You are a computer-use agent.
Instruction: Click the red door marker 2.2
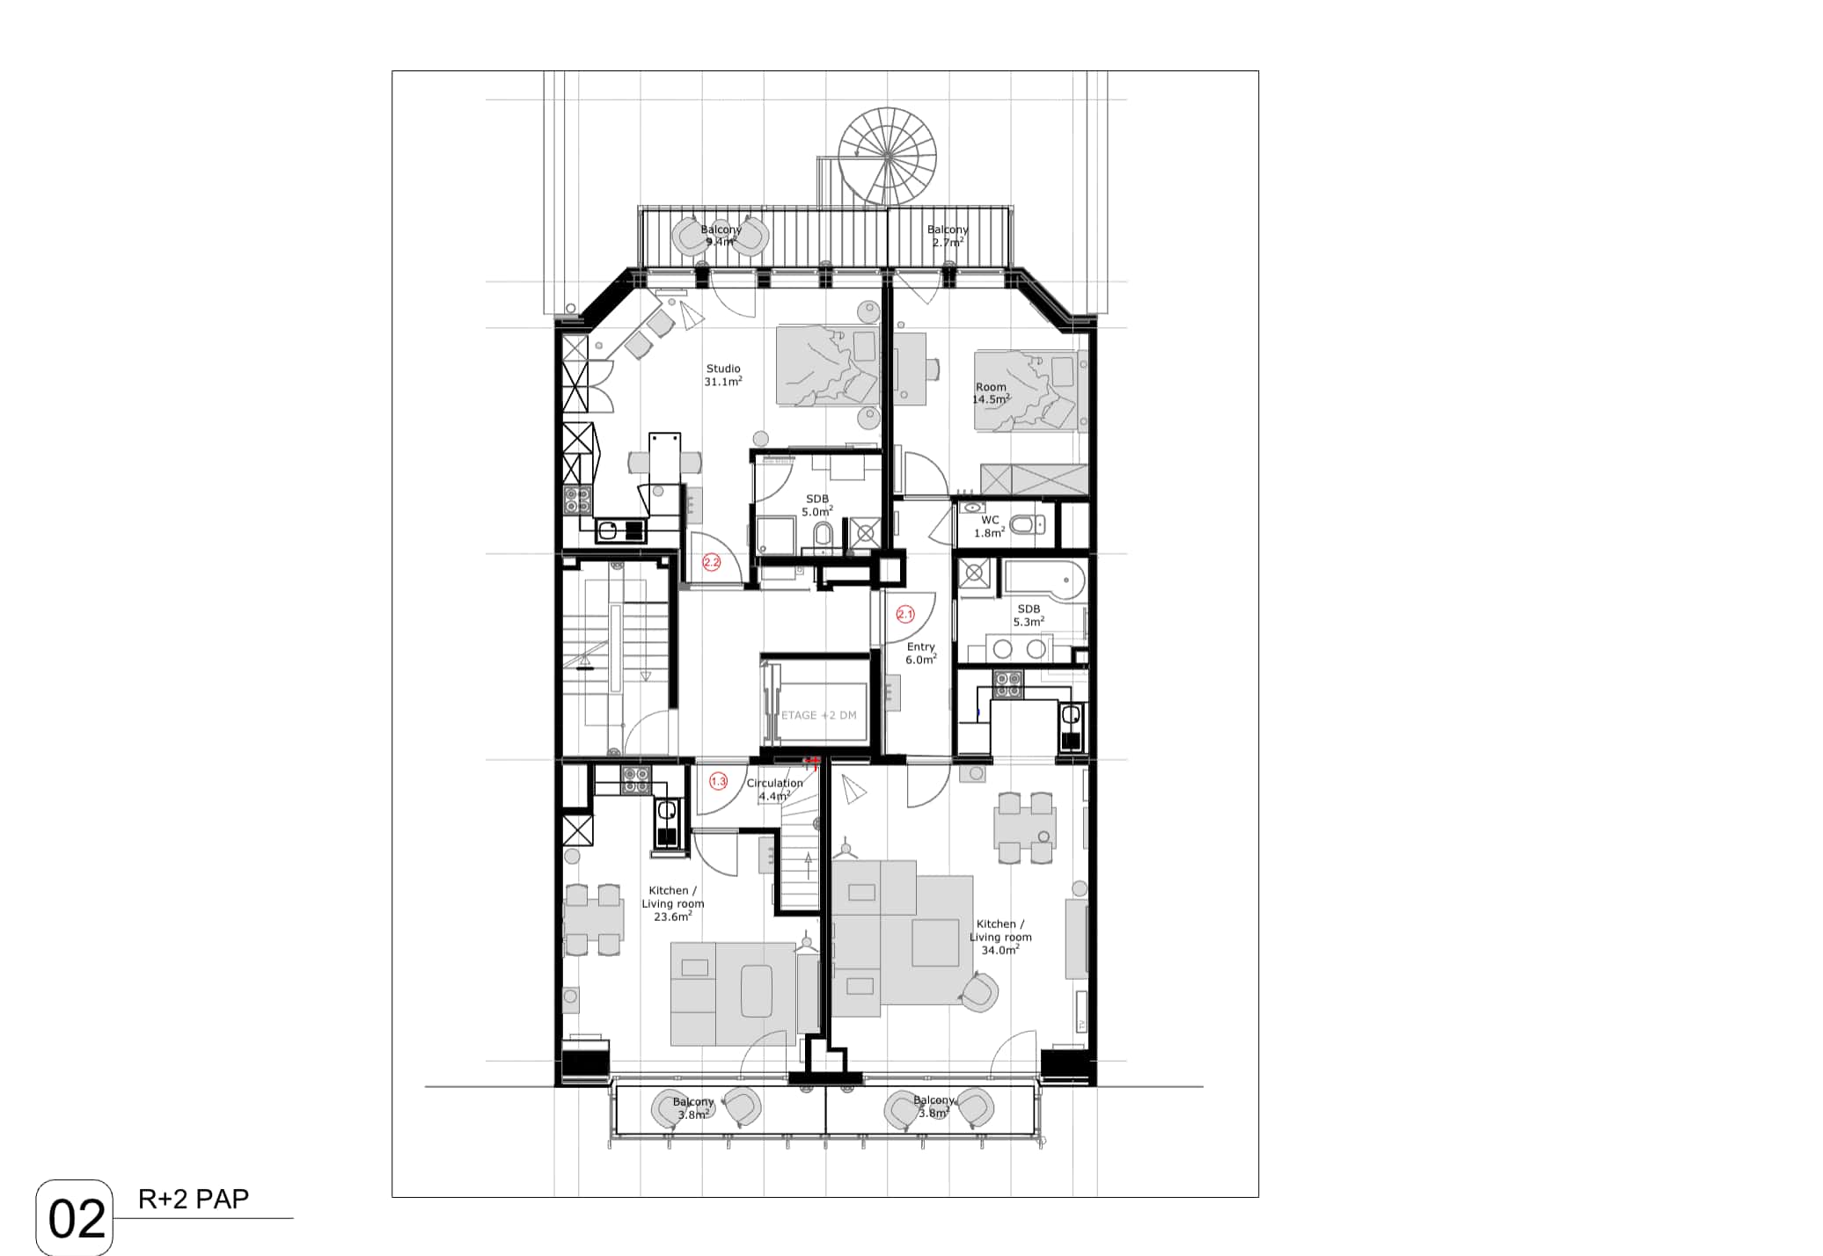coord(711,562)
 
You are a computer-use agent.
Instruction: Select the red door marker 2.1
coord(905,614)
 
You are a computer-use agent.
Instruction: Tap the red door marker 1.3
coord(718,781)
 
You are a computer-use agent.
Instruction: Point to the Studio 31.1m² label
coord(723,376)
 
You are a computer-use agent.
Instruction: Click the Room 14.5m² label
coord(991,393)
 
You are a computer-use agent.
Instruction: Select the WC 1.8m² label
coord(990,527)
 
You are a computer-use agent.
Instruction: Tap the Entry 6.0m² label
coord(921,654)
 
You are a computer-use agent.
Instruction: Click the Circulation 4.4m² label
coord(774,790)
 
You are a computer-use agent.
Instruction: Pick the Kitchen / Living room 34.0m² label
coord(1000,937)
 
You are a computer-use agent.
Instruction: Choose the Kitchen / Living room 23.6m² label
coord(673,903)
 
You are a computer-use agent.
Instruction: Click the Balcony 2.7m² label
coord(948,236)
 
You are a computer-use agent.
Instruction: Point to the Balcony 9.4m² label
coord(721,236)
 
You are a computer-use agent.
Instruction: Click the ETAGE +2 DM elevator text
coord(818,715)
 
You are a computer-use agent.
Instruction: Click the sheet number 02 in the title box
coord(77,1219)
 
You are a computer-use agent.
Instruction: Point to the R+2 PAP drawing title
coord(194,1199)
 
